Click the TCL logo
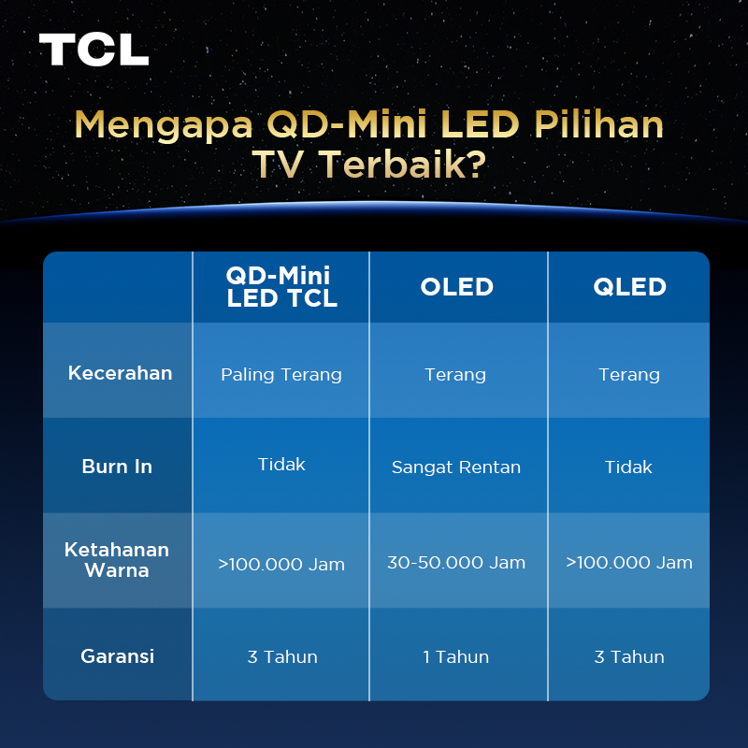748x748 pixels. (93, 50)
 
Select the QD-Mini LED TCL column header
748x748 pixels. (281, 286)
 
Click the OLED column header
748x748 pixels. (457, 286)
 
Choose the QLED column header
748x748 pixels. (629, 286)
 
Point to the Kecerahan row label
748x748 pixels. (120, 373)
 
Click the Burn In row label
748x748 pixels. (117, 467)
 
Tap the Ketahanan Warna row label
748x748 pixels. (117, 559)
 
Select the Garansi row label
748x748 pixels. (117, 655)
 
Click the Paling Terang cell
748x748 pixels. (281, 375)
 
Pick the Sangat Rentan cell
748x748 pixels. (456, 467)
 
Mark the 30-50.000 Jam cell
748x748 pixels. (456, 563)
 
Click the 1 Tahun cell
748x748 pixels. (456, 657)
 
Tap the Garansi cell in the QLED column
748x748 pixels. (629, 657)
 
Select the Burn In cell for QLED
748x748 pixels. (628, 467)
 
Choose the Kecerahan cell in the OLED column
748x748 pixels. (455, 375)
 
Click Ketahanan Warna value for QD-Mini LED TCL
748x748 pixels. (281, 564)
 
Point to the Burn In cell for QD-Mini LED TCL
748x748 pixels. (281, 464)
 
